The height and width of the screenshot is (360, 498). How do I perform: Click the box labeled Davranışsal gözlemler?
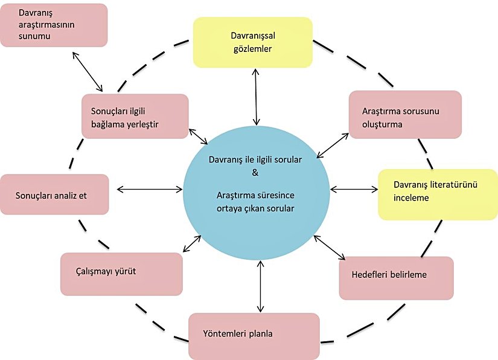coord(252,42)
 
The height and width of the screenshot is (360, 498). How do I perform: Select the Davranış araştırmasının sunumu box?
coord(54,25)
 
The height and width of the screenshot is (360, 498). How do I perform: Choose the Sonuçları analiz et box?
coord(54,195)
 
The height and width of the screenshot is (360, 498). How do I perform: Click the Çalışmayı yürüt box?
coord(121,274)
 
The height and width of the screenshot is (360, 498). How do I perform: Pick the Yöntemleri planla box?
coord(254,335)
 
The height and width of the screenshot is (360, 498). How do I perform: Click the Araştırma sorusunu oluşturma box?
coord(404,115)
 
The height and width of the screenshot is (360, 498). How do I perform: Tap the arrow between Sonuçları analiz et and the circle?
coord(149,189)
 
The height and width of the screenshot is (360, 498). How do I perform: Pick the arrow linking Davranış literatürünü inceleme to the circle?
coord(354,189)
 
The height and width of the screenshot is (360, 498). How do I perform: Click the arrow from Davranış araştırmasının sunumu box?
coord(88,71)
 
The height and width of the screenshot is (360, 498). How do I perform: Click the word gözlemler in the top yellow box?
coord(252,49)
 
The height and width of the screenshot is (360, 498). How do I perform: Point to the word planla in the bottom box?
coord(268,333)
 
